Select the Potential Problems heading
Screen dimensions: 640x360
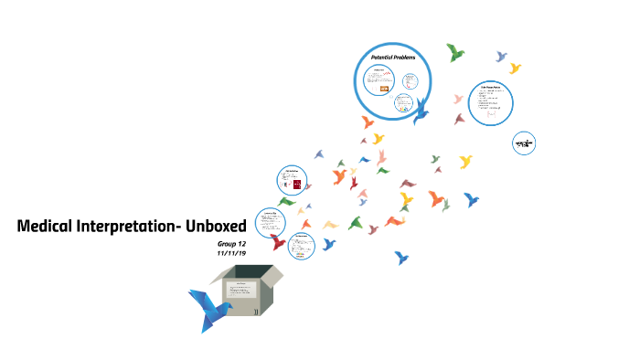tap(393, 57)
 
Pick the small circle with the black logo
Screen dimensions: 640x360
tap(523, 143)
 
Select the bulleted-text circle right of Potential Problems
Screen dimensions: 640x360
tap(490, 103)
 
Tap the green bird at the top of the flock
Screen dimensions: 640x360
tap(455, 52)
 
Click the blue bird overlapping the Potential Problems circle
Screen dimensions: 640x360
tap(421, 111)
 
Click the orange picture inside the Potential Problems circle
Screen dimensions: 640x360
tap(399, 89)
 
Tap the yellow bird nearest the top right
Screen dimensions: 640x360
tap(515, 68)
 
